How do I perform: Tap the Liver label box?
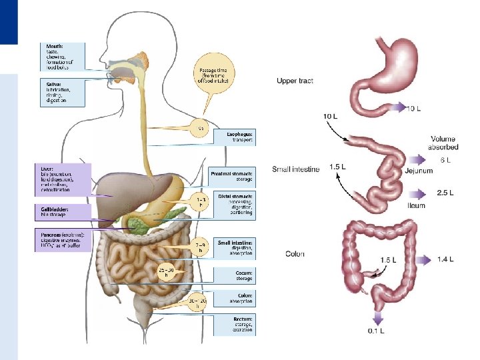[x=63, y=179]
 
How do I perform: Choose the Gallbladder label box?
[x=63, y=212]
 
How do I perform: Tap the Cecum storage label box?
[x=234, y=274]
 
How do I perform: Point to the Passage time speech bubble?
[x=215, y=75]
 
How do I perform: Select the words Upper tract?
[x=295, y=81]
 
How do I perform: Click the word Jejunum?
[x=419, y=171]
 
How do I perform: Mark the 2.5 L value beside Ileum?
[x=445, y=193]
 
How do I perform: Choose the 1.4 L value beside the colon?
[x=445, y=258]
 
